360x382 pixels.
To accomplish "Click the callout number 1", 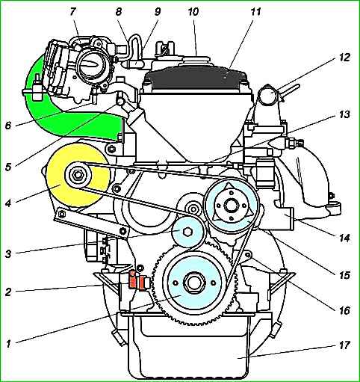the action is tap(8, 344).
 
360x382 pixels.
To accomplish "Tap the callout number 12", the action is tap(344, 57).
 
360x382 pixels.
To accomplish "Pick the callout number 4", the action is tap(8, 203).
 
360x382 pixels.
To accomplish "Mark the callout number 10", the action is tap(193, 12).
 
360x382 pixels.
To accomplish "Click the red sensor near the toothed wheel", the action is tap(137, 281).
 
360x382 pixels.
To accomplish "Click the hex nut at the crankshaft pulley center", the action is tap(193, 283).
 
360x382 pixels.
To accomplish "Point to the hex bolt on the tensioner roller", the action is tap(187, 232).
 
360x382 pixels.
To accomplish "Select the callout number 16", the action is tap(344, 310).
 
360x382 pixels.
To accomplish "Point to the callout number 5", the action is tap(9, 167).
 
